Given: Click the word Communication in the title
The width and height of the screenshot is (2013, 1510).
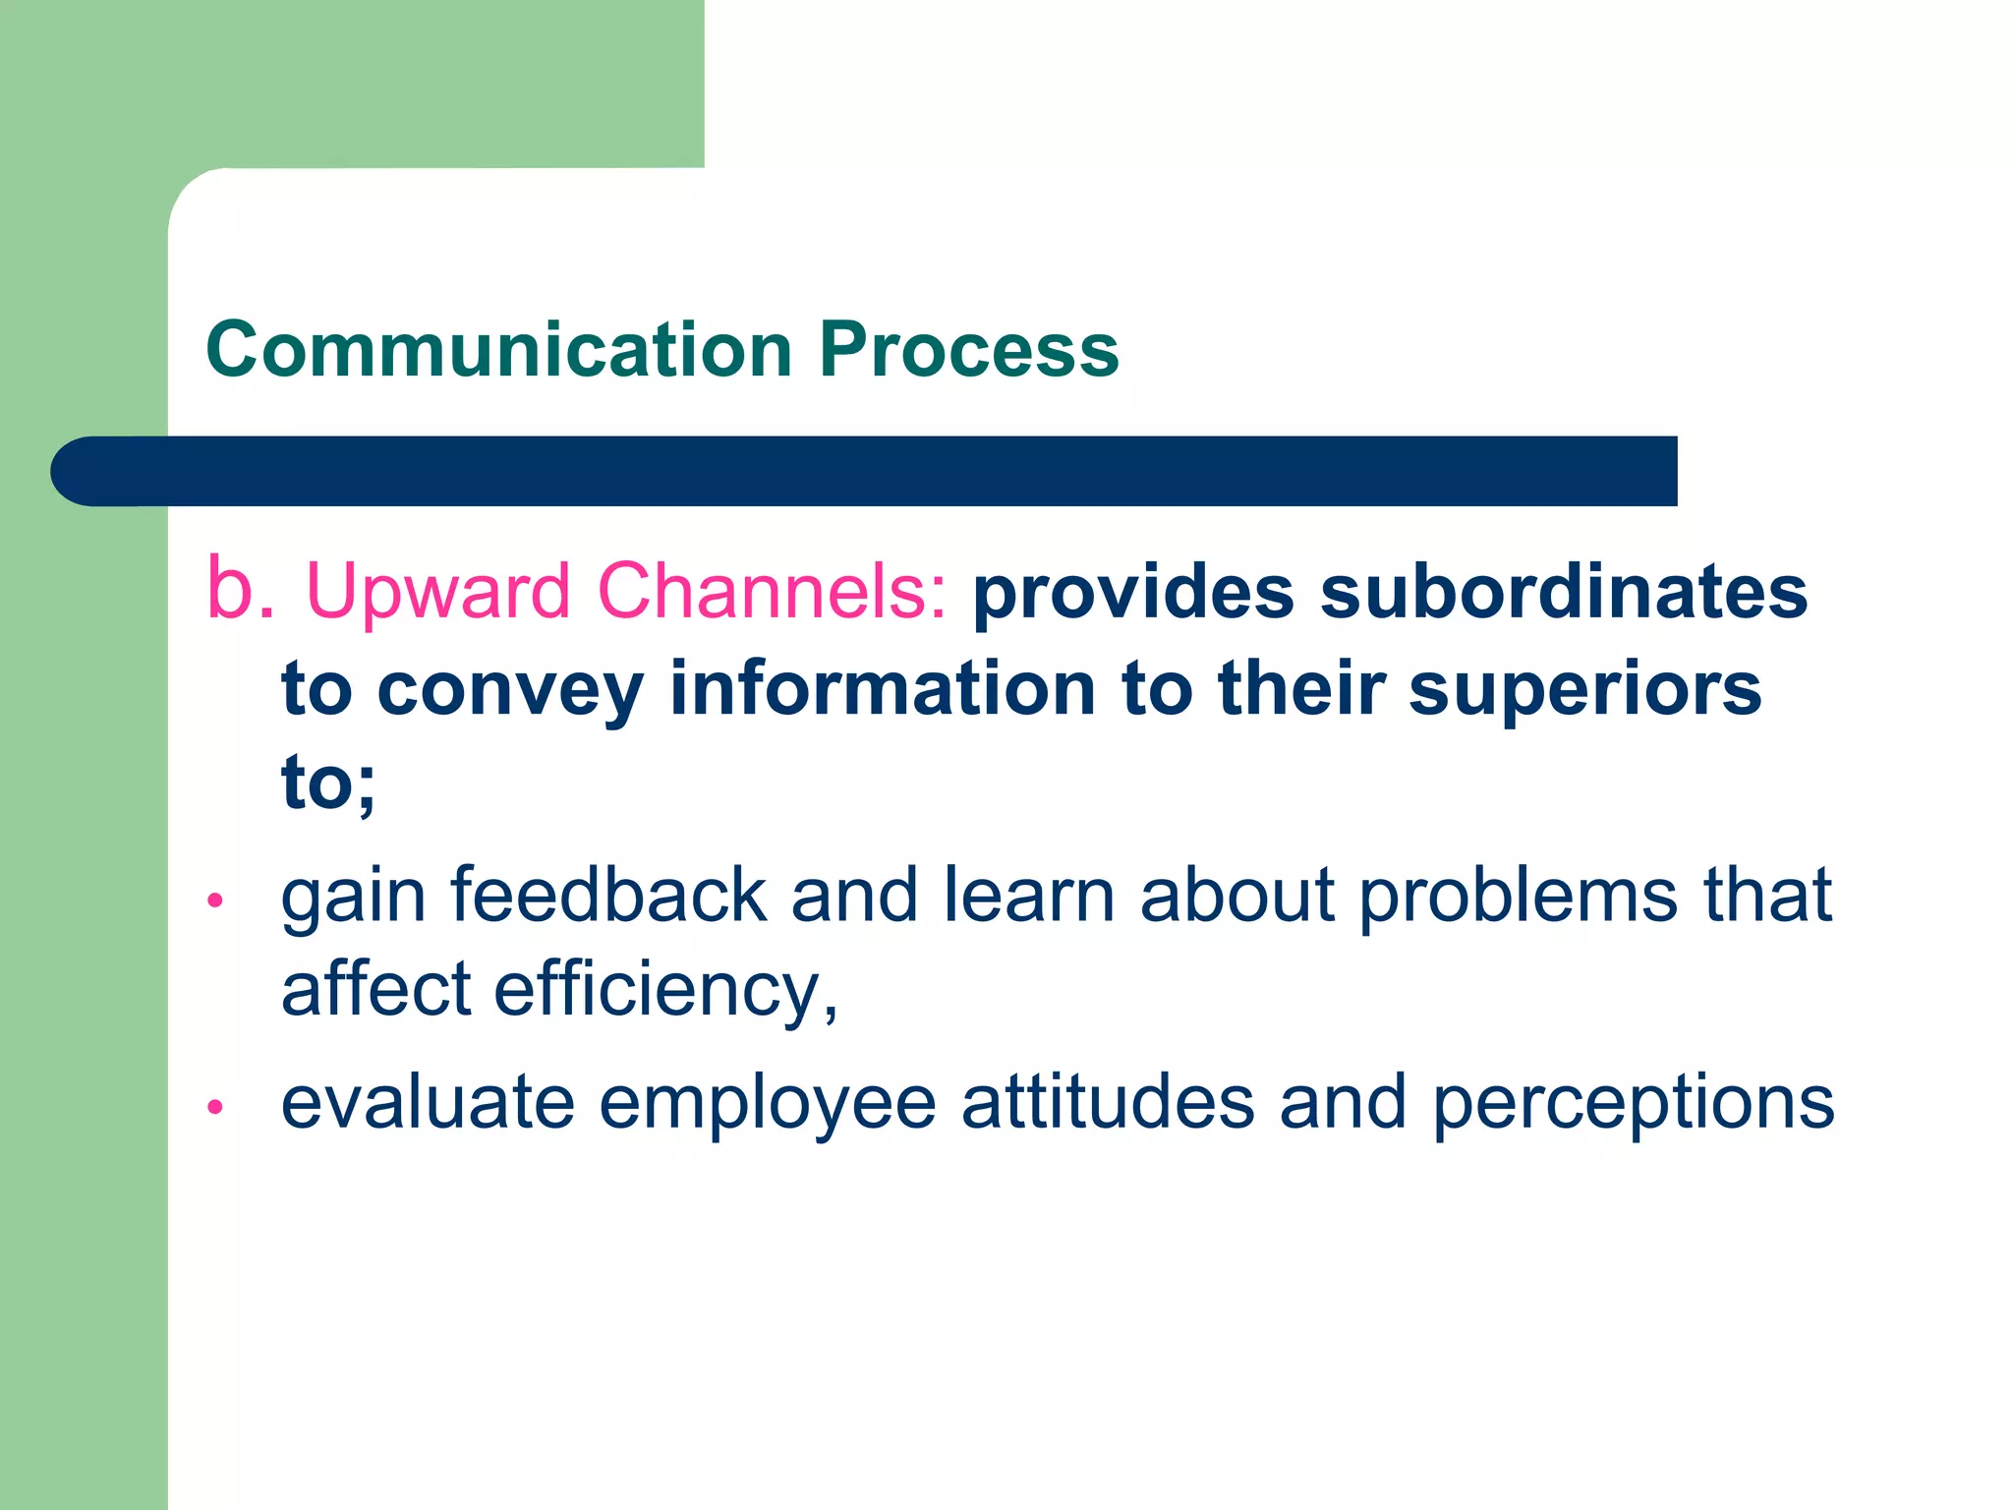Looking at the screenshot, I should [499, 350].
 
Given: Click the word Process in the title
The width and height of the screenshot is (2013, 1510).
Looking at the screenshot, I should [969, 350].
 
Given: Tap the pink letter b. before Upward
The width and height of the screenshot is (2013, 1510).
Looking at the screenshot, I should [240, 590].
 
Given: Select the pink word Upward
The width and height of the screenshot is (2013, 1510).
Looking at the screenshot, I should [438, 592].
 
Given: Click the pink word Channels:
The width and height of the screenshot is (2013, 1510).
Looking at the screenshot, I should [773, 592].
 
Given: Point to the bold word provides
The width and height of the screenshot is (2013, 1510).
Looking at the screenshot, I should [1133, 594].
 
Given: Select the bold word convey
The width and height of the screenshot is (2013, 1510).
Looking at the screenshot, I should [510, 690].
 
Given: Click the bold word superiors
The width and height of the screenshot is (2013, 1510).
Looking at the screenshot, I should [1584, 690].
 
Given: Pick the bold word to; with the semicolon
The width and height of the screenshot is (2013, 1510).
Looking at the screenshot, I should [328, 784].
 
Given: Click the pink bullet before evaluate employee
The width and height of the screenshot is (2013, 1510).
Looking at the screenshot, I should [216, 1108].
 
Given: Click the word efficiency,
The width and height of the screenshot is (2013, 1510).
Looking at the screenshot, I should [665, 989].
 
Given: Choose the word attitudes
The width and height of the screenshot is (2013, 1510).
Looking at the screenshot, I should [1108, 1102].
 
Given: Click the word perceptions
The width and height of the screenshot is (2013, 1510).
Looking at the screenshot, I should [1633, 1104].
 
